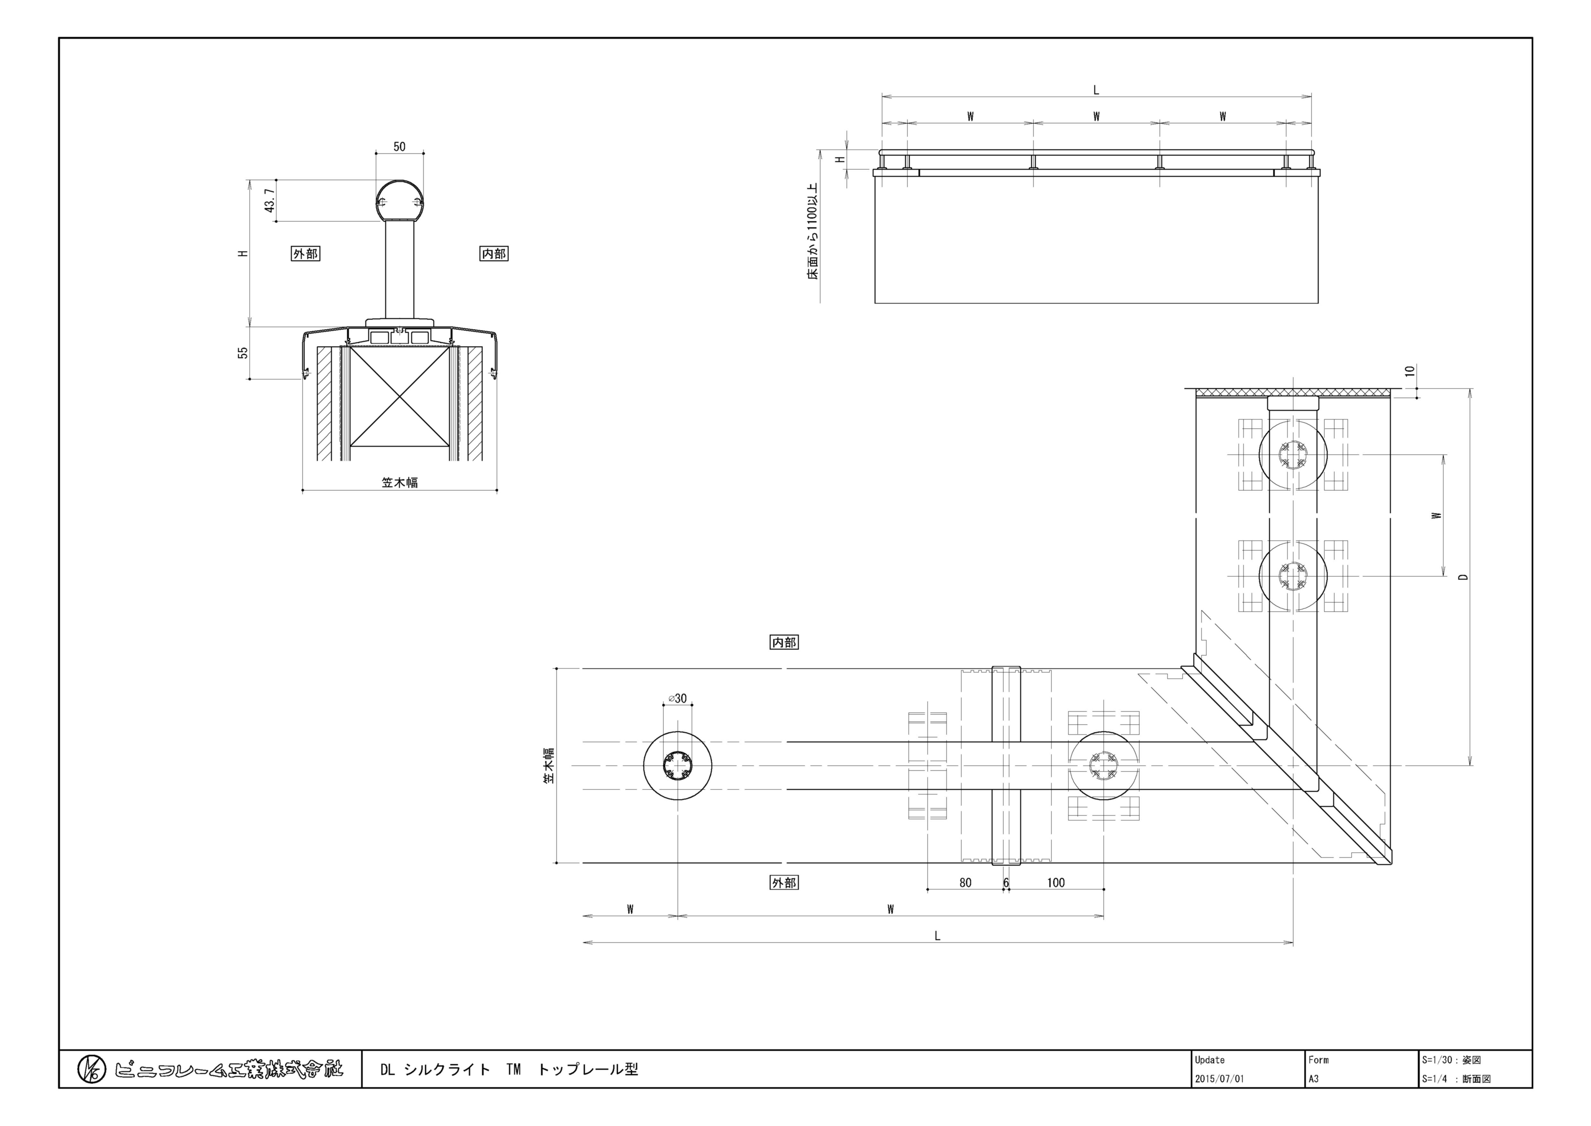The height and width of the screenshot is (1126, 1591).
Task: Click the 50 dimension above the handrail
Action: coord(399,146)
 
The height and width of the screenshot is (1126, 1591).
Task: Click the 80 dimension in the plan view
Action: coord(965,883)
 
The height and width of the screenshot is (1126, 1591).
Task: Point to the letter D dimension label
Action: coord(1463,577)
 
